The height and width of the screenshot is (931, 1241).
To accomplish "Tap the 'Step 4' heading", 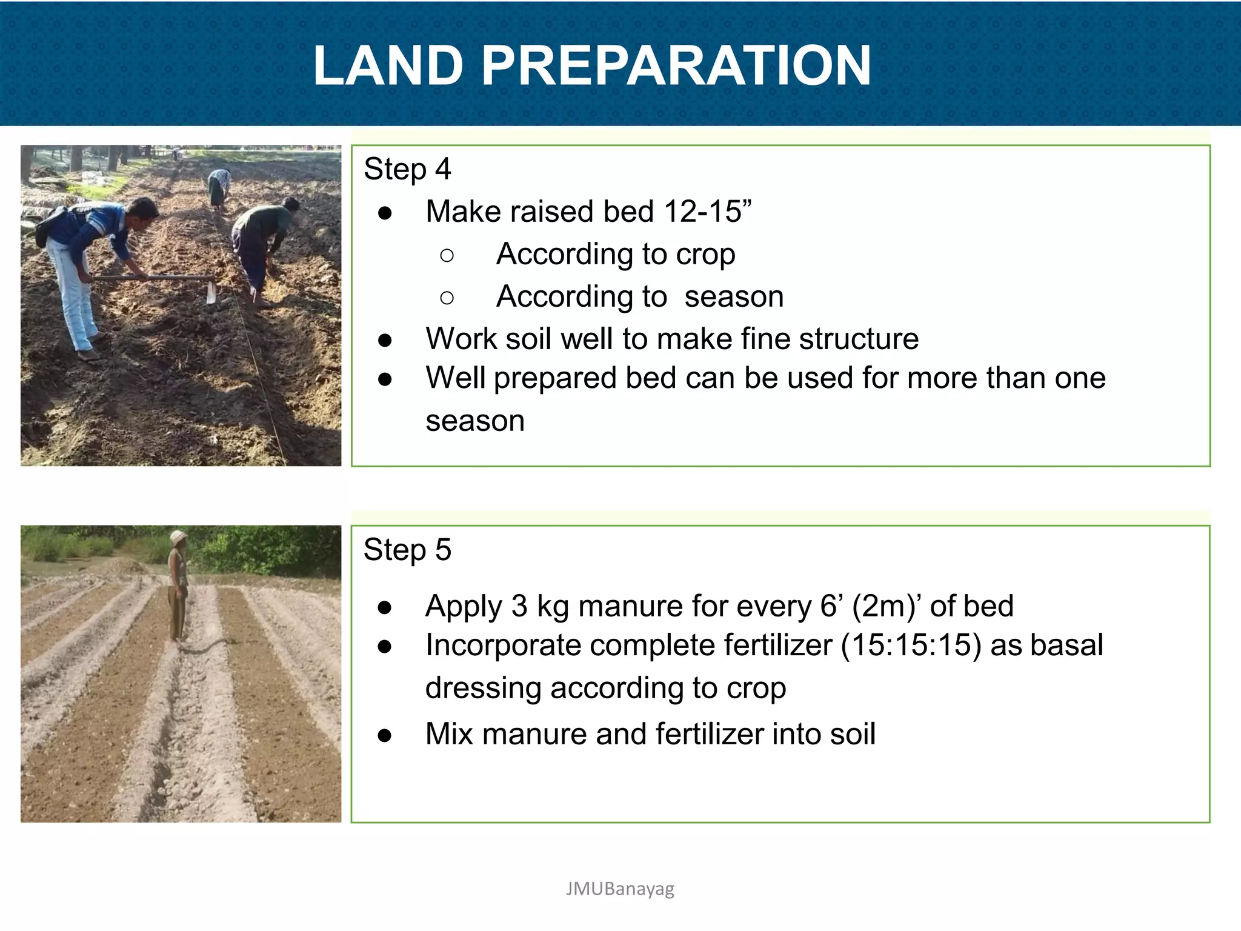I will coord(407,169).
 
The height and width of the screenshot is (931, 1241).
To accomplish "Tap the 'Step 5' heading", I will coord(407,550).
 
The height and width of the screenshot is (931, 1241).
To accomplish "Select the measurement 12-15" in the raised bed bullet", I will coord(708,212).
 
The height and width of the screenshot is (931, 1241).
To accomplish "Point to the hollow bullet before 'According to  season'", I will coord(447,298).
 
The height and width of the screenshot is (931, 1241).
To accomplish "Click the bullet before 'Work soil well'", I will coord(384,340).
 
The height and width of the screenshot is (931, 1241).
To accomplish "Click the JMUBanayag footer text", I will coord(620,889).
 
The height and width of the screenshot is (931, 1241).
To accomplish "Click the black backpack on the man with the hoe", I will coord(50,225).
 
